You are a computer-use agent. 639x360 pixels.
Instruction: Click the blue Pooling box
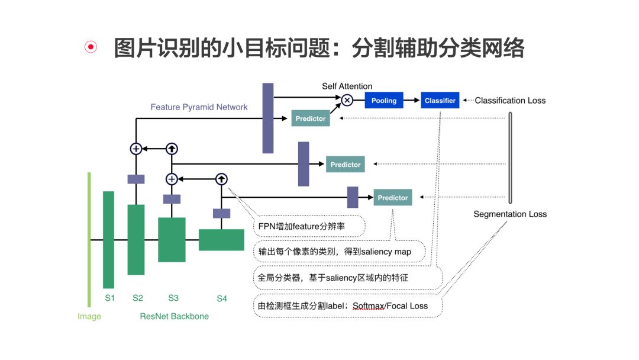[384, 101]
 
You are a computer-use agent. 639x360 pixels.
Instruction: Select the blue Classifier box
[440, 101]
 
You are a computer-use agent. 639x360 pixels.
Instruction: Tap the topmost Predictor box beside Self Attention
[311, 118]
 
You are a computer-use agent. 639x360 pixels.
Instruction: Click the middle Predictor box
[346, 164]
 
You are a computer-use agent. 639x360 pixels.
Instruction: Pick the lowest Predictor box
[393, 198]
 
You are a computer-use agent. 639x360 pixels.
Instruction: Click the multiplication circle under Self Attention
[347, 101]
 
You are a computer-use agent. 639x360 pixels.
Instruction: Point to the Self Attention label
[347, 86]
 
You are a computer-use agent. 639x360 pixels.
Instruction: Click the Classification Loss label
[510, 101]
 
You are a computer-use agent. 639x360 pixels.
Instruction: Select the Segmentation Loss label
[510, 214]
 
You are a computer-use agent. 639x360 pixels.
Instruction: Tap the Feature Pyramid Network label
[199, 107]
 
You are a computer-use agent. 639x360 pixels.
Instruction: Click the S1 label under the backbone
[109, 298]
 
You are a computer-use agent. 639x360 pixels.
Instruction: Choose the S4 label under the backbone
[222, 298]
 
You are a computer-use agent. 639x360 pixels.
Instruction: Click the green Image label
[89, 316]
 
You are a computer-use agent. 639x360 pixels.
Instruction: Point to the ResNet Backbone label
[175, 316]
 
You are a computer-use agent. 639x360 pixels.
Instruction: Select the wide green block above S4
[221, 240]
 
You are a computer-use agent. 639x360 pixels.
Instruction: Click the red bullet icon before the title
[91, 48]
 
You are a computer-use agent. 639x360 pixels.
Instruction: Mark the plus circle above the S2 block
[136, 149]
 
